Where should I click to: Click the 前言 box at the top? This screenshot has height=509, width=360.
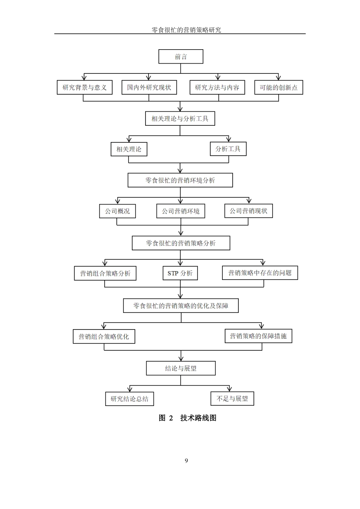pos(181,57)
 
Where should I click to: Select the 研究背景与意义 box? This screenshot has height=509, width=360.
pos(85,87)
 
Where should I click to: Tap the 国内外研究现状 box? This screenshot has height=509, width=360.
pos(149,87)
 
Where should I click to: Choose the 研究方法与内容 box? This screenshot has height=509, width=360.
pos(217,87)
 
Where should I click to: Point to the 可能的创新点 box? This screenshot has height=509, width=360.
pos(279,87)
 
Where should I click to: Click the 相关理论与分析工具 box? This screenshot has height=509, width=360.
pos(180,119)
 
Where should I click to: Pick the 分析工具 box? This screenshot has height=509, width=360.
pos(228,149)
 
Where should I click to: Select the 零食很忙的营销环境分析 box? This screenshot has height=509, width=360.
pos(180,180)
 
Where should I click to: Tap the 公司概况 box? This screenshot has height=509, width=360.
pos(117,211)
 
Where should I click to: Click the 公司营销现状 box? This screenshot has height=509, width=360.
pos(248,211)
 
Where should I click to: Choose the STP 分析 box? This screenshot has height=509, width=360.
pos(180,273)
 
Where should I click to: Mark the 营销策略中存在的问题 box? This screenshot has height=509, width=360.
pos(260,273)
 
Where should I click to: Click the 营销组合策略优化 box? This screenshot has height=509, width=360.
pos(104,336)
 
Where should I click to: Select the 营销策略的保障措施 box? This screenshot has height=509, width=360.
pos(258,336)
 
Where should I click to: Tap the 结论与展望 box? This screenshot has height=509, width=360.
pos(181,368)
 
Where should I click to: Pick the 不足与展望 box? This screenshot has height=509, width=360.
pos(232,398)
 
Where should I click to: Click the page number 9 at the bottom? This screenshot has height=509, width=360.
pos(186,461)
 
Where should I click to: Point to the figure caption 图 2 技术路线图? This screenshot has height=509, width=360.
pos(187,418)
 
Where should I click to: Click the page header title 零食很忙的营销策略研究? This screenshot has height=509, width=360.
pos(186,30)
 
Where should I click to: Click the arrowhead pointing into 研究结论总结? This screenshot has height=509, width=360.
pos(130,389)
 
